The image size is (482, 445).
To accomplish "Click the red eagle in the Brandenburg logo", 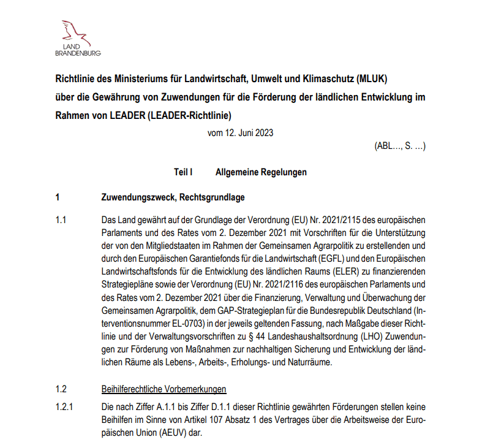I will pos(77,32).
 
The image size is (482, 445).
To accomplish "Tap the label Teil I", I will pos(183,173).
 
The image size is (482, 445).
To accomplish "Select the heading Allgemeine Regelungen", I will pos(261,173).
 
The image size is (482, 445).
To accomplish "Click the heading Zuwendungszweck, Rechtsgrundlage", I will pos(173,198).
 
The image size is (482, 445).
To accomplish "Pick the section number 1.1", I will pos(61,219).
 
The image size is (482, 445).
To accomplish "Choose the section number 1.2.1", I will pos(64,408).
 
